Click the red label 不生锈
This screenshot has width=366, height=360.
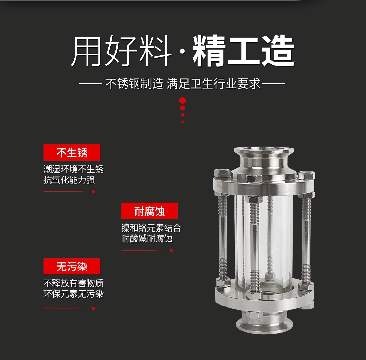pyautogui.click(x=71, y=153)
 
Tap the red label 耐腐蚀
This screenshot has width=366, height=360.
pyautogui.click(x=149, y=211)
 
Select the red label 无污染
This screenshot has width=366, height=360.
pyautogui.click(x=71, y=266)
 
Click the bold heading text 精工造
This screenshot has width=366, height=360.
pyautogui.click(x=244, y=51)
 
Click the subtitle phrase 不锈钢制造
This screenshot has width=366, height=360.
pyautogui.click(x=135, y=83)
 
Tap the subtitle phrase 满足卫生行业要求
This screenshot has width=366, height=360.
pyautogui.click(x=213, y=83)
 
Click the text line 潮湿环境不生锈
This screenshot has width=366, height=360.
pyautogui.click(x=73, y=169)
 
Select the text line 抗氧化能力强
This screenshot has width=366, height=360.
pyautogui.click(x=69, y=180)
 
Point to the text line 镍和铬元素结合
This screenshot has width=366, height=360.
pyautogui.click(x=151, y=228)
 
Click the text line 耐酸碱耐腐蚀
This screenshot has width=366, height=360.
pyautogui.click(x=147, y=239)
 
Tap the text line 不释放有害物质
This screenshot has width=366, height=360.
pyautogui.click(x=73, y=283)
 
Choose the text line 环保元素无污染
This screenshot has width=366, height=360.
pyautogui.click(x=73, y=294)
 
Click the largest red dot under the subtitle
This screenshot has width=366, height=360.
pyautogui.click(x=183, y=100)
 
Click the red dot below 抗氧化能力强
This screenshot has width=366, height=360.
pyautogui.click(x=93, y=192)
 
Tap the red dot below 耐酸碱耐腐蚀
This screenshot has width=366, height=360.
pyautogui.click(x=171, y=251)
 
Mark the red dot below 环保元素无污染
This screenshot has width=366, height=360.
pyautogui.click(x=93, y=308)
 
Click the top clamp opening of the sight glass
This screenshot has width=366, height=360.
pyautogui.click(x=264, y=150)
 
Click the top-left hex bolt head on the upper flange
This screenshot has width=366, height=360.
pyautogui.click(x=223, y=173)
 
